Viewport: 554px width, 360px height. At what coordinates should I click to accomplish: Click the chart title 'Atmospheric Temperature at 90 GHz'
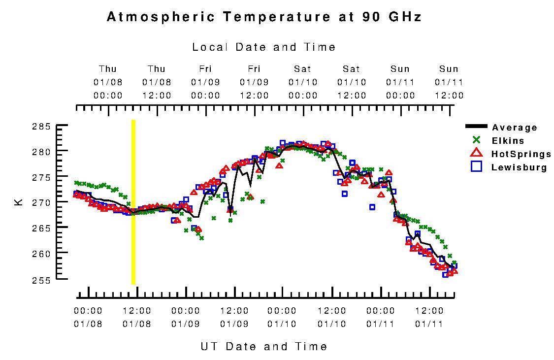click(264, 17)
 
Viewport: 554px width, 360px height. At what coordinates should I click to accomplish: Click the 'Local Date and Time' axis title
click(264, 47)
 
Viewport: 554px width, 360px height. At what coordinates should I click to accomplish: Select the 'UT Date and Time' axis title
click(264, 346)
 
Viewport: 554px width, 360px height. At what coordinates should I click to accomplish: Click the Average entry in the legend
click(515, 128)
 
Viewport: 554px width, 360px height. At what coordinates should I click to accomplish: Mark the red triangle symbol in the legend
click(476, 154)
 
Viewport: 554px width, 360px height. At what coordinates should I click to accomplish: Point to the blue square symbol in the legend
click(476, 167)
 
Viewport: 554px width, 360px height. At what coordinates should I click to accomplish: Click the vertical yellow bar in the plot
click(133, 202)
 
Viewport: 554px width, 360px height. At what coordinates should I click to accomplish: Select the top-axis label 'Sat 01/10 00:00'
click(303, 82)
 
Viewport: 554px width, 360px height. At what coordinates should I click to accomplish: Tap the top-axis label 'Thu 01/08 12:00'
click(157, 82)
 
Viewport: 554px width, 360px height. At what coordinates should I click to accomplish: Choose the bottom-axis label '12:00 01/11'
click(429, 317)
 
